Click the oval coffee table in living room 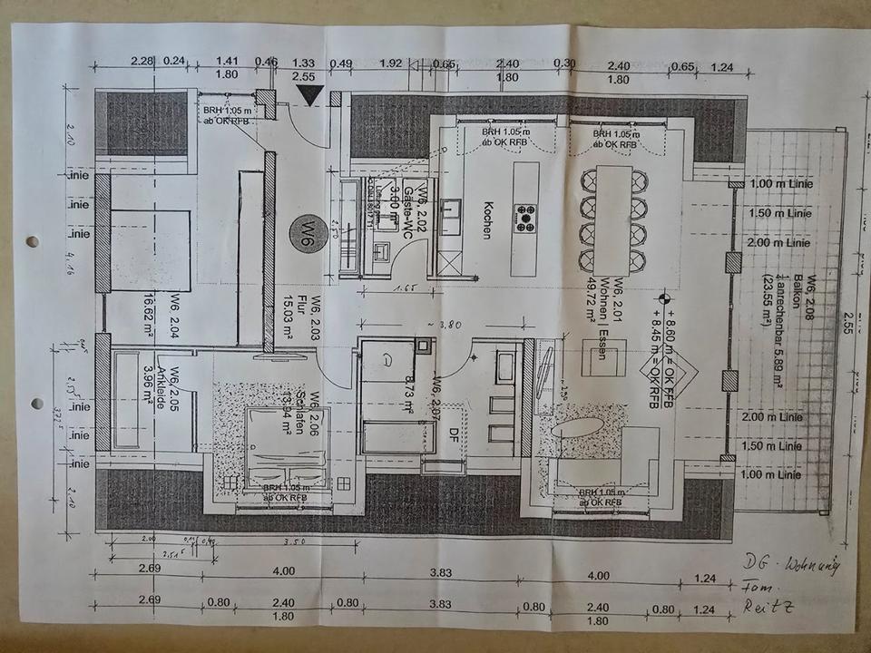pos(578,427)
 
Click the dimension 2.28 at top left pos(141,62)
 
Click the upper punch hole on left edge pos(33,242)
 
